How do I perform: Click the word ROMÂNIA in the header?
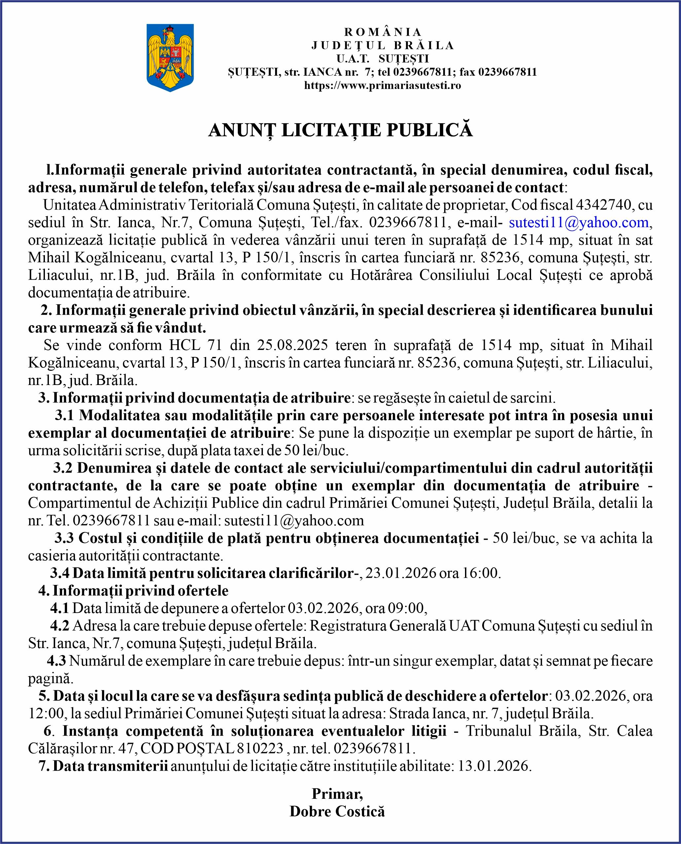pyautogui.click(x=382, y=32)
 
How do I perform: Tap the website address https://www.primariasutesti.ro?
pyautogui.click(x=382, y=85)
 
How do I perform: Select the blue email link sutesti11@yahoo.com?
pyautogui.click(x=579, y=223)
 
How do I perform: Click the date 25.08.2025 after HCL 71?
pyautogui.click(x=292, y=345)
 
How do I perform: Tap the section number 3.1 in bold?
pyautogui.click(x=64, y=415)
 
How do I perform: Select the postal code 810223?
pyautogui.click(x=260, y=748)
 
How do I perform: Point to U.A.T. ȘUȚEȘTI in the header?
pyautogui.click(x=382, y=59)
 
